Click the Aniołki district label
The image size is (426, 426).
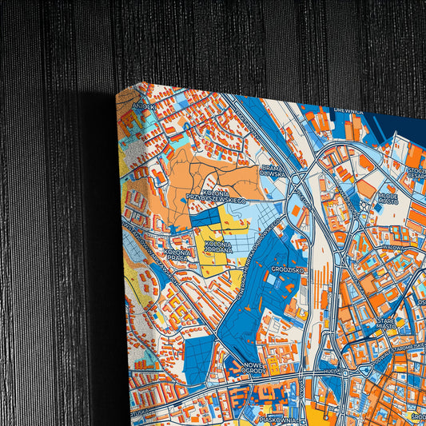[x=144, y=105]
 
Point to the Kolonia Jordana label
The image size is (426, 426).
[x=217, y=247]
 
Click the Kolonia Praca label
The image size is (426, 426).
[x=177, y=255]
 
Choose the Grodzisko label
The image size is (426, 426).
[x=285, y=270]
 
